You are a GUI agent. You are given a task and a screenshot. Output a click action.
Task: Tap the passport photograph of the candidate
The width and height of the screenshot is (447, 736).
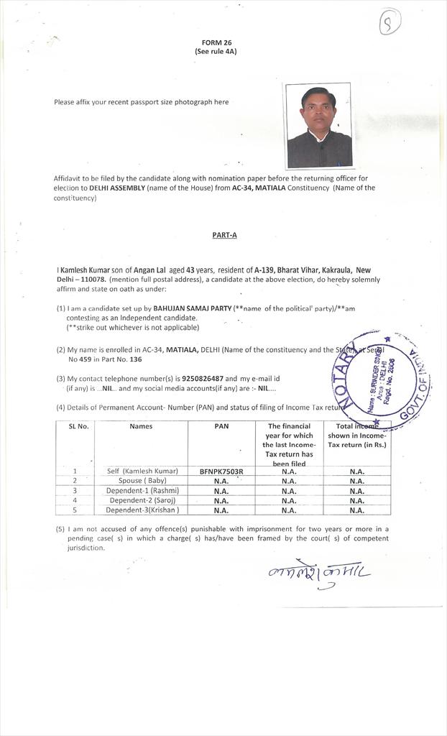click(319, 126)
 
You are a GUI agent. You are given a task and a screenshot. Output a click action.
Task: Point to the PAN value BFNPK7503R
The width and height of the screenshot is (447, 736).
click(221, 471)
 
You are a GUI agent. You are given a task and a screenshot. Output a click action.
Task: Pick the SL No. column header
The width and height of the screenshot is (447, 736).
click(78, 426)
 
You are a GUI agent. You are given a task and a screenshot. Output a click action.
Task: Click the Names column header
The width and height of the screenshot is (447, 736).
click(141, 426)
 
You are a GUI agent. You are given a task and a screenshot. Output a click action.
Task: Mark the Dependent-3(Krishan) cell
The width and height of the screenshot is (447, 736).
click(142, 510)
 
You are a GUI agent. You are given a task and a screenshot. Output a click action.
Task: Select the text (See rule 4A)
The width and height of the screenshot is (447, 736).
click(215, 52)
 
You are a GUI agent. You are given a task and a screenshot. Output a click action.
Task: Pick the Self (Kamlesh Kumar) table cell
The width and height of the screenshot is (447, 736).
click(142, 471)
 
